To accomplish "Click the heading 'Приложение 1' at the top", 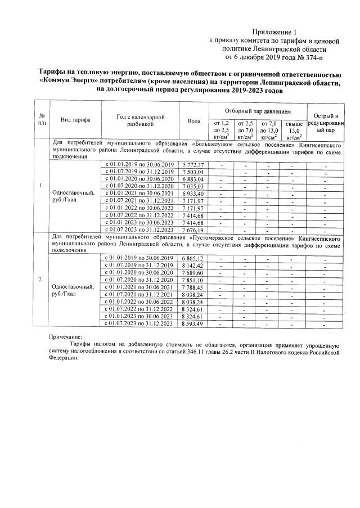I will (274, 32).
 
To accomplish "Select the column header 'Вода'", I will (193, 121).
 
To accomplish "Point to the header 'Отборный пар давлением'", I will (258, 111).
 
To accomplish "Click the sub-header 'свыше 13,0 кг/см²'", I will (294, 130).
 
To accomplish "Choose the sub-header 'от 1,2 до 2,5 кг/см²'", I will (222, 130).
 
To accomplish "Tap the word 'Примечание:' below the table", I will (65, 336).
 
